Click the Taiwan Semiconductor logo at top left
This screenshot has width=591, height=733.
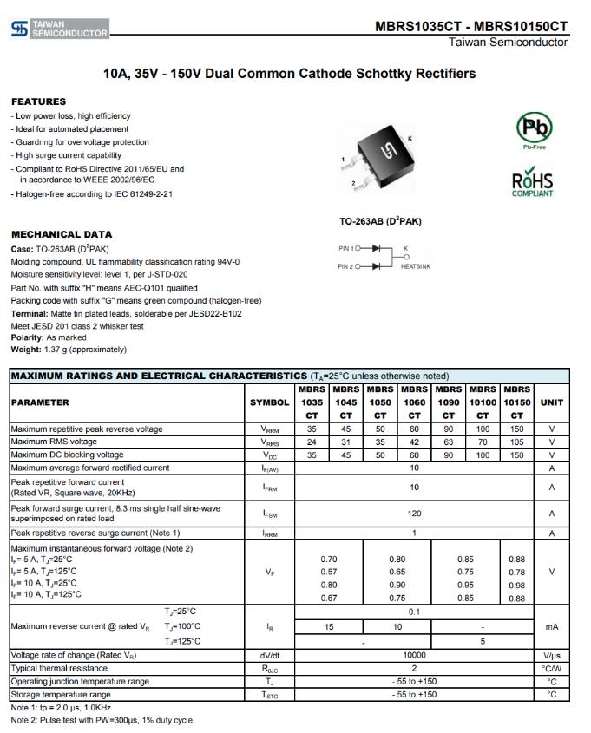pos(59,29)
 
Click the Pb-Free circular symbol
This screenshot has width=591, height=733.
pos(534,129)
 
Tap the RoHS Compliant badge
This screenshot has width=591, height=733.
pos(532,183)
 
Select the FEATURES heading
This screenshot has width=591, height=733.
pos(38,101)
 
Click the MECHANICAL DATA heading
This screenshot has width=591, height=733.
pos(62,234)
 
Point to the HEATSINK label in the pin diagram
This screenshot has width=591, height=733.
pos(415,266)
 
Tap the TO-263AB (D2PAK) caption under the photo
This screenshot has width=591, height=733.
pos(380,221)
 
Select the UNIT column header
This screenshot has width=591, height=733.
pos(551,402)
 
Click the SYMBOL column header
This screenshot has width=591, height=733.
pos(270,402)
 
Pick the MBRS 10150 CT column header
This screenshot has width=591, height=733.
pos(516,402)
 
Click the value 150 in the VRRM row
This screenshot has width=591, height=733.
pos(516,429)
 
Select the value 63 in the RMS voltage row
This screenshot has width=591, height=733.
pos(449,442)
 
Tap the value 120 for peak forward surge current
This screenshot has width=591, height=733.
pos(414,514)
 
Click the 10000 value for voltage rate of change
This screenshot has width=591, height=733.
pos(414,656)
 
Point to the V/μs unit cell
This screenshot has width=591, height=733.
pos(551,656)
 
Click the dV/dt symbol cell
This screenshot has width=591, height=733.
pos(270,656)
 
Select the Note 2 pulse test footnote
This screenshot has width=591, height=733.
pos(102,721)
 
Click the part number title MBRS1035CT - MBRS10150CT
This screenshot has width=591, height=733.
pos(471,26)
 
